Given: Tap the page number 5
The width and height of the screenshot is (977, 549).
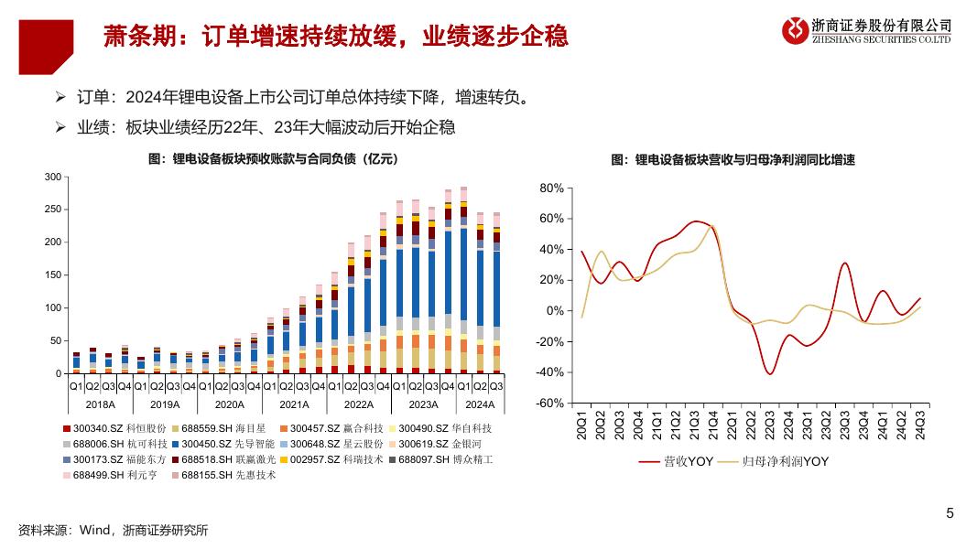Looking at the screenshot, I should point(950,513).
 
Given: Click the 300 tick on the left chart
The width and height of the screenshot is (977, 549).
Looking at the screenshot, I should point(52,177).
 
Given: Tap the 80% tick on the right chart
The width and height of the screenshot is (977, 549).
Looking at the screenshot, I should point(551,188).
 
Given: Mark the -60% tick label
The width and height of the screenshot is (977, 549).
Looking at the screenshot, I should point(549,403).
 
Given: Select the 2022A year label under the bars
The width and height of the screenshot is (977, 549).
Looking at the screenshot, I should point(359,404).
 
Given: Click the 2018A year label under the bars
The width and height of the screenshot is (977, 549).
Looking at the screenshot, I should point(100,404).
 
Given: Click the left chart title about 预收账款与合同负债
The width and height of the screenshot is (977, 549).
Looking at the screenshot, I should point(273,158).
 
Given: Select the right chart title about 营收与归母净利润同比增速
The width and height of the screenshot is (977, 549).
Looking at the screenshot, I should point(733,159).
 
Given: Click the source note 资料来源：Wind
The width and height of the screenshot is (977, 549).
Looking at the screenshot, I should point(113,530).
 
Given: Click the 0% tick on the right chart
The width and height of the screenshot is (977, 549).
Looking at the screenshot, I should point(554,311).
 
